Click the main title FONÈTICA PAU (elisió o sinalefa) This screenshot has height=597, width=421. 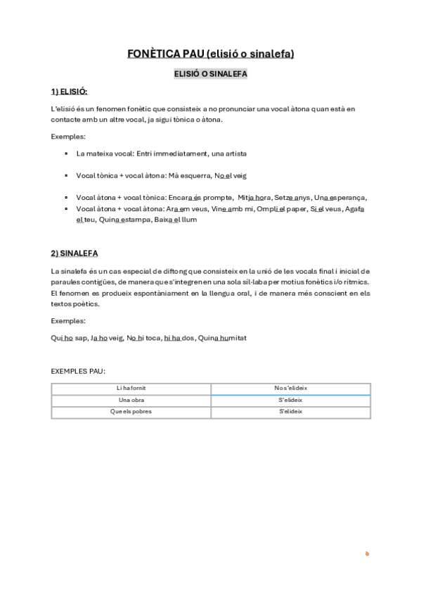(210, 54)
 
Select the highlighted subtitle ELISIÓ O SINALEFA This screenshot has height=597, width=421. (210, 73)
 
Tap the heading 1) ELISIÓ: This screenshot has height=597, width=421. (69, 92)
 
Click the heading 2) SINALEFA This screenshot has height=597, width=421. (75, 253)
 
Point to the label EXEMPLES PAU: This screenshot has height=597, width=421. (78, 370)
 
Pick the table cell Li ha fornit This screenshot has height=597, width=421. (131, 388)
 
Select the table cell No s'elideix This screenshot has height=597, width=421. (290, 388)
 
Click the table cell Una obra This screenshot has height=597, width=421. (131, 400)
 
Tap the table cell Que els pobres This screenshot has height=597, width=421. (131, 412)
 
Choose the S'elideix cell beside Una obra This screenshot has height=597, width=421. (290, 400)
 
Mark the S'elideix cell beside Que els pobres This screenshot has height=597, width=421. (290, 412)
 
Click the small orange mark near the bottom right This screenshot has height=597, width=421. (367, 554)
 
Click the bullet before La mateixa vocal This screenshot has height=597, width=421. (66, 153)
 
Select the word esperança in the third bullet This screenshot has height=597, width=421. (347, 198)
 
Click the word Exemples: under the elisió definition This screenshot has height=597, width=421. (68, 137)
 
